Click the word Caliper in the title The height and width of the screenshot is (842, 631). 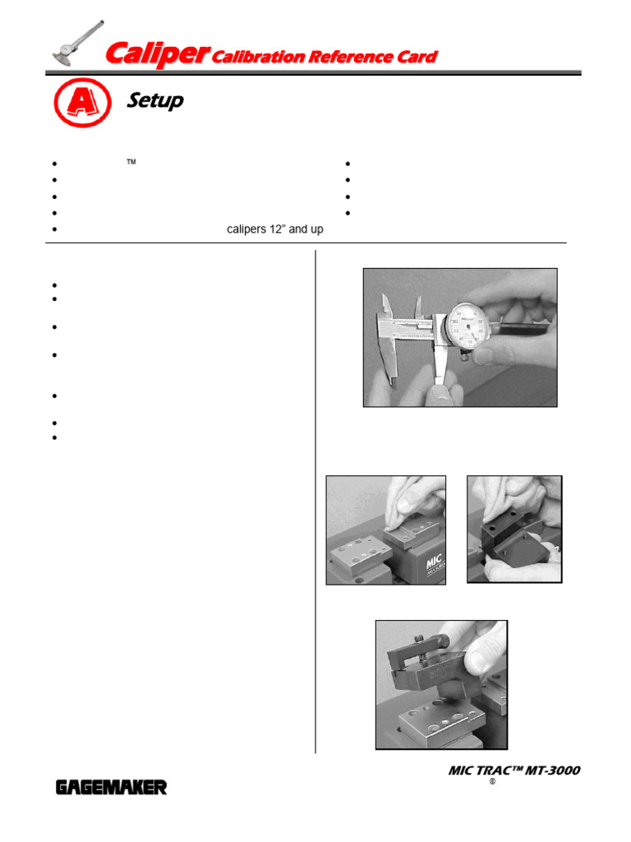click(x=157, y=55)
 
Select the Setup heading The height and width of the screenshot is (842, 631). click(x=155, y=101)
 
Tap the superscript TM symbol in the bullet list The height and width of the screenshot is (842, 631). click(x=130, y=162)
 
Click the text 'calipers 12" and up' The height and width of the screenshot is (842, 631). click(x=274, y=229)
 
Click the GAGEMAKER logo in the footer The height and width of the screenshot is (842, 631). click(x=111, y=788)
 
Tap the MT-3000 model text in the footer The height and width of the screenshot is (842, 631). click(x=550, y=770)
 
